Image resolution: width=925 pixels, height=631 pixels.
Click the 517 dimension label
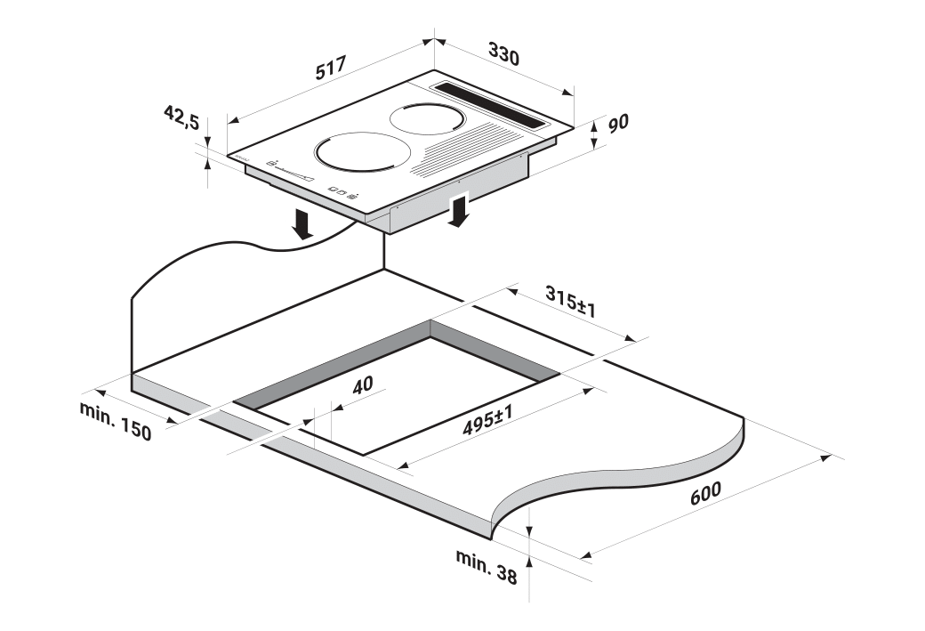click(x=330, y=68)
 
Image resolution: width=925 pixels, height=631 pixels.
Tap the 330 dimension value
click(x=503, y=53)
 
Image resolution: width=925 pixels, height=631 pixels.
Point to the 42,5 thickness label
click(x=181, y=117)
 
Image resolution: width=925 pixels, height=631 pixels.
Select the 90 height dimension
click(x=617, y=123)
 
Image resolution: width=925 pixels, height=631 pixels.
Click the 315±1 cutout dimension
click(x=570, y=301)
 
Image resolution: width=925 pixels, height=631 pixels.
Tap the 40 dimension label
click(x=362, y=384)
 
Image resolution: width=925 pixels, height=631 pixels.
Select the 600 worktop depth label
click(x=705, y=493)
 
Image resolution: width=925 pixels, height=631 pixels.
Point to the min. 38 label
click(x=487, y=566)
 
